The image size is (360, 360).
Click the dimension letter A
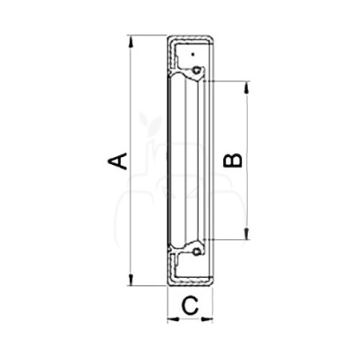[117, 161]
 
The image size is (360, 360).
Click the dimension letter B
[233, 160]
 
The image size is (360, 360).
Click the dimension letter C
[190, 306]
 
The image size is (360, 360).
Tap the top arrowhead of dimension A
[131, 41]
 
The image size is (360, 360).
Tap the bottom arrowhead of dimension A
[131, 280]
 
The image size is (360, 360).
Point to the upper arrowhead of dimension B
[247, 88]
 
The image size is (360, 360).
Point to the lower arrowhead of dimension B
[247, 233]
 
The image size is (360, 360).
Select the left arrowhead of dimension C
[174, 319]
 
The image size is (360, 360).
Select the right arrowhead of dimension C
[207, 319]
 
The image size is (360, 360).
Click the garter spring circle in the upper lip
[196, 70]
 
